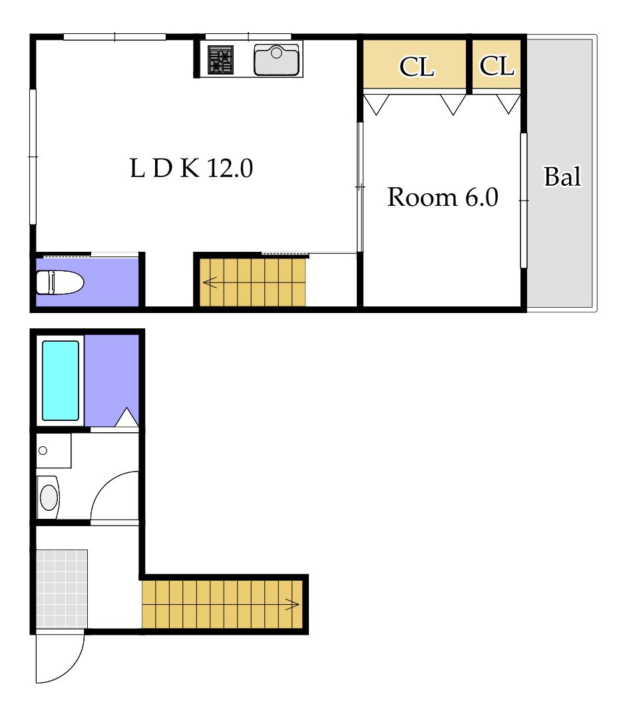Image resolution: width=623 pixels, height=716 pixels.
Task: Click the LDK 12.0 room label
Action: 191,168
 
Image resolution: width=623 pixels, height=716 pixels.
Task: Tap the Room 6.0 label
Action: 442,197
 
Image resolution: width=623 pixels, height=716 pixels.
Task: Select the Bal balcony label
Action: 562,177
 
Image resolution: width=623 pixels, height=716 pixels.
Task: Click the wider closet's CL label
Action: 416,67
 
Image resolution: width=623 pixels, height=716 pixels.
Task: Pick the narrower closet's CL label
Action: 497,66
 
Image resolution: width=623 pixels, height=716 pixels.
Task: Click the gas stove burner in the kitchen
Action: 221,60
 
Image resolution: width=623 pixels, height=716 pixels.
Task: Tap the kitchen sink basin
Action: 277,60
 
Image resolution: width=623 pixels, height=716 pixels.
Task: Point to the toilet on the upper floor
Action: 60,282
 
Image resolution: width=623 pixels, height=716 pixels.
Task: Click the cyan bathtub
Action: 61,380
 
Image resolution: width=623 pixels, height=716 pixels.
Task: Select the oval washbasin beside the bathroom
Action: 49,498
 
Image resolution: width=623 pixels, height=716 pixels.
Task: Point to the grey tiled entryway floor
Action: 62,589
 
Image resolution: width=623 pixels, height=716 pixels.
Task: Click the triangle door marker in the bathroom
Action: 126,418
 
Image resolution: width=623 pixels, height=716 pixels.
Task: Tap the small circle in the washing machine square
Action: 43,451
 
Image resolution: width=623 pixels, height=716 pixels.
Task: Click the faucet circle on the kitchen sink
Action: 276,53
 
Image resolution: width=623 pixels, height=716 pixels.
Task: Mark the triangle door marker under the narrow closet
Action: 508,104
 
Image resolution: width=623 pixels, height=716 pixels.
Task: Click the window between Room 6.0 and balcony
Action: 524,200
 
